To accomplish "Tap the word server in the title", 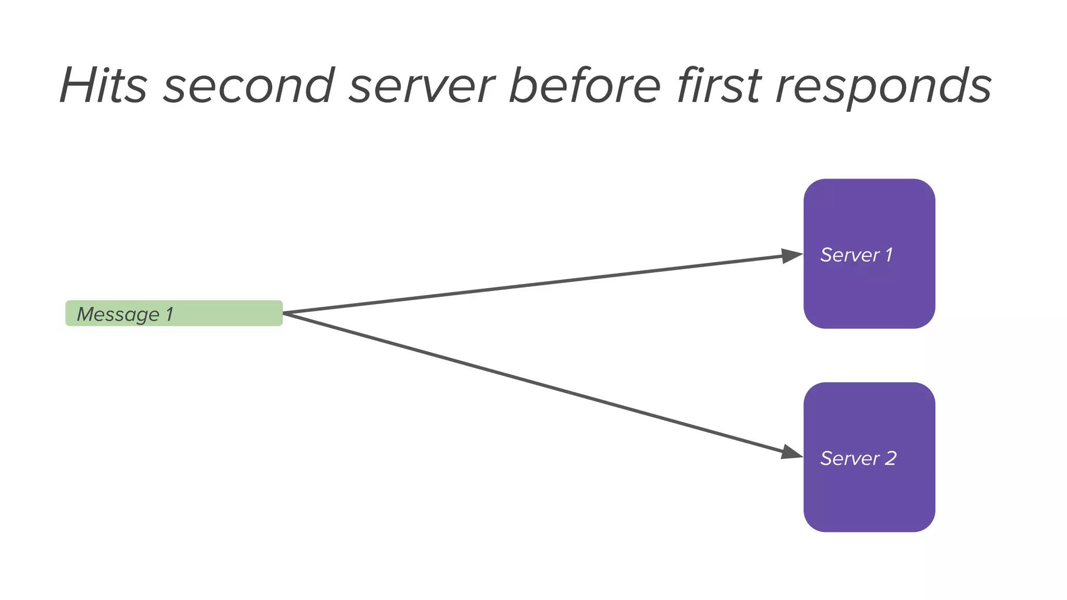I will [422, 85].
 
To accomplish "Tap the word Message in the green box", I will [118, 315].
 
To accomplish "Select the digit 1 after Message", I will [169, 314].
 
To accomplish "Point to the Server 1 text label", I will [856, 255].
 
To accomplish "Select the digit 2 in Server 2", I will [890, 458].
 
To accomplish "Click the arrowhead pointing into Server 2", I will [791, 452].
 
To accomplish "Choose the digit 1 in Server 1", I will [889, 255].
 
